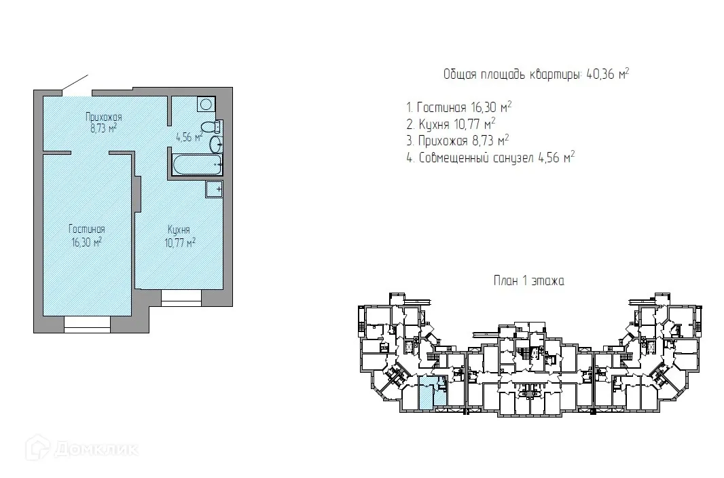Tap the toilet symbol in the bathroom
tap(211, 127)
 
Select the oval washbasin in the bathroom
tap(216, 145)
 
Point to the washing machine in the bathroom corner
tap(206, 104)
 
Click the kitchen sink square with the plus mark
tap(214, 189)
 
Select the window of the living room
tap(87, 324)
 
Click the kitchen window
tap(181, 298)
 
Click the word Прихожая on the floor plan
tap(104, 117)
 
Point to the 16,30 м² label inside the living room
tap(86, 242)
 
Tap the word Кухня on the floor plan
tap(179, 229)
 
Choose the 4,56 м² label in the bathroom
tap(189, 136)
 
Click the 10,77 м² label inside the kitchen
tap(180, 242)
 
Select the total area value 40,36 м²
tap(608, 74)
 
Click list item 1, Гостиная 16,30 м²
tap(459, 107)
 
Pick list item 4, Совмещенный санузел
tap(490, 158)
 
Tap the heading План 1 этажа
tap(529, 280)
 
